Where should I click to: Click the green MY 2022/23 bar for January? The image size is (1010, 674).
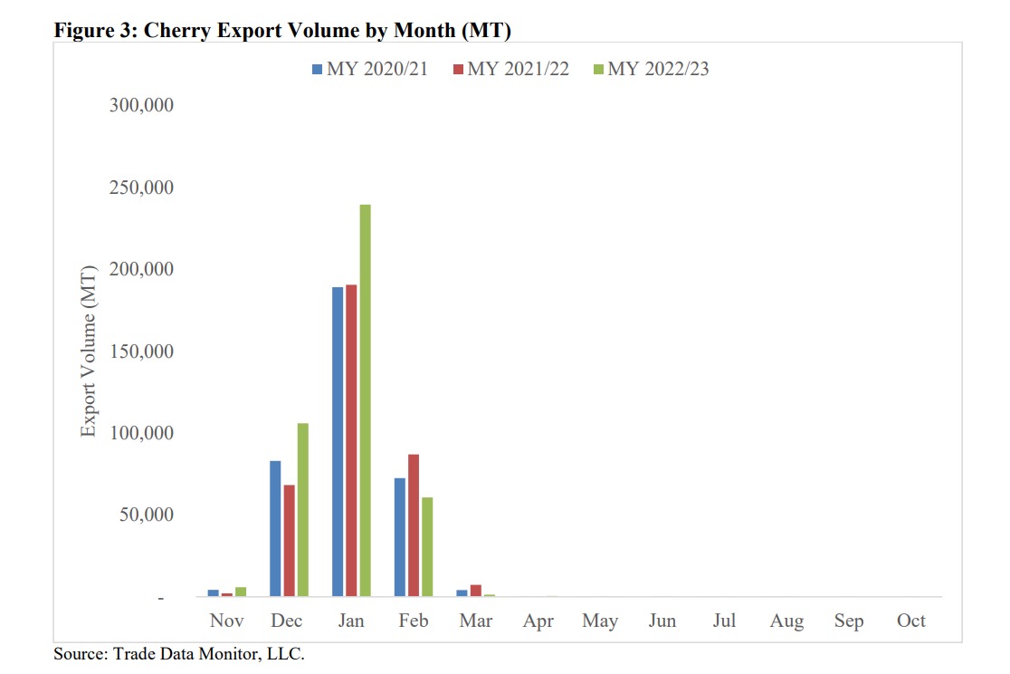tap(365, 400)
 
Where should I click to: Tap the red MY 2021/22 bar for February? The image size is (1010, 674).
tap(414, 525)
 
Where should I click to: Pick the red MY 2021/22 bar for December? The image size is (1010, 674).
tap(289, 541)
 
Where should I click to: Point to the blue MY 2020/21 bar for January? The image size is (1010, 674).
tap(338, 442)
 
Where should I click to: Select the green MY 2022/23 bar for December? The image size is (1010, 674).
tap(302, 510)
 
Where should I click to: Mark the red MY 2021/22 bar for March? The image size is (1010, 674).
tap(475, 591)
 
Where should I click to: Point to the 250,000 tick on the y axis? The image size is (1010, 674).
tap(141, 188)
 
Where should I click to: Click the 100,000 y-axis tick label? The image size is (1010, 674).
tap(141, 433)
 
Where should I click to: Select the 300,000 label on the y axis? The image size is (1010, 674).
tap(141, 106)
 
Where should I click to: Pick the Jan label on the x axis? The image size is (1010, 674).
tap(351, 621)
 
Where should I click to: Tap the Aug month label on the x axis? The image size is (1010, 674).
tap(786, 621)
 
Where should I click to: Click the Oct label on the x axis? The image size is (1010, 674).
tap(910, 621)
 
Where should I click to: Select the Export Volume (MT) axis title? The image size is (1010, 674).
tap(88, 351)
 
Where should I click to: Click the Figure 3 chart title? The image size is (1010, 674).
tap(283, 30)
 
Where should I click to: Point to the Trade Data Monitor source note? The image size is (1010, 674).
tap(179, 653)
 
